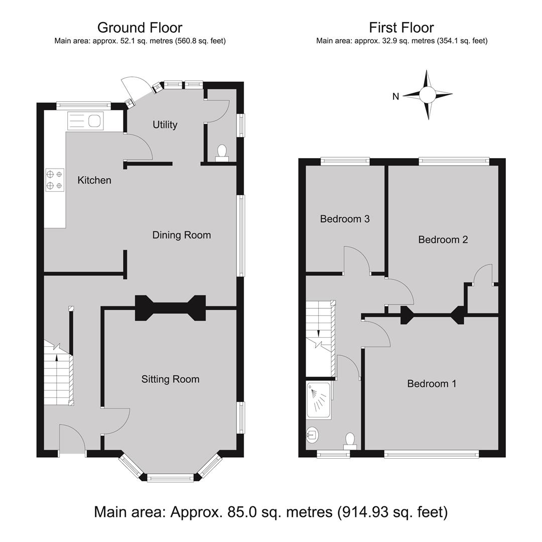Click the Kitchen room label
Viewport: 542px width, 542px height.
pyautogui.click(x=94, y=180)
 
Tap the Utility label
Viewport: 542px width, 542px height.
pyautogui.click(x=165, y=124)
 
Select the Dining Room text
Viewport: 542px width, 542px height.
pyautogui.click(x=182, y=235)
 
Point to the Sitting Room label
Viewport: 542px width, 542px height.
pyautogui.click(x=171, y=379)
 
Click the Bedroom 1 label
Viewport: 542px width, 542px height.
pyautogui.click(x=432, y=383)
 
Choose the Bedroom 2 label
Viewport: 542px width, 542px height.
pyautogui.click(x=443, y=239)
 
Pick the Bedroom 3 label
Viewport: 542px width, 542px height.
pyautogui.click(x=345, y=219)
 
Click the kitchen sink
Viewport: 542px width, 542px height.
pyautogui.click(x=85, y=121)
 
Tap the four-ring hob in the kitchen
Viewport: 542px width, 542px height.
pyautogui.click(x=55, y=180)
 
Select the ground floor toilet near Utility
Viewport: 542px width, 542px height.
pyautogui.click(x=222, y=154)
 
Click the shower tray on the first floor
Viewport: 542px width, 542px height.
pyautogui.click(x=320, y=400)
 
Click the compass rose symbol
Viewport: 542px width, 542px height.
pyautogui.click(x=428, y=94)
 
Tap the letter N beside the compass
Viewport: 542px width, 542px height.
pyautogui.click(x=396, y=96)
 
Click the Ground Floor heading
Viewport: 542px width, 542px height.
pyautogui.click(x=140, y=28)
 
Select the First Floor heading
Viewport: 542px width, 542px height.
pyautogui.click(x=401, y=28)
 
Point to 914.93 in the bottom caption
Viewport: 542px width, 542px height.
pyautogui.click(x=362, y=512)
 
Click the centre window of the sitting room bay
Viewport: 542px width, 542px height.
pyautogui.click(x=171, y=478)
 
